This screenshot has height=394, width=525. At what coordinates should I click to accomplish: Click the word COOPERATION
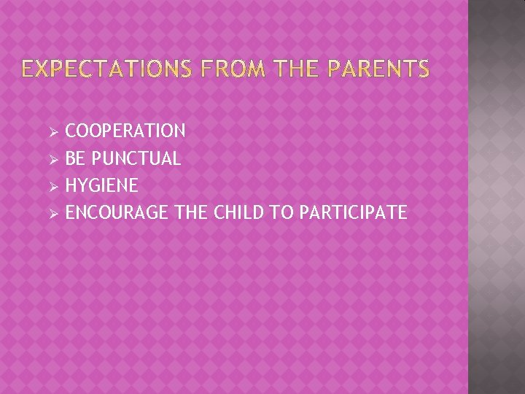pos(125,131)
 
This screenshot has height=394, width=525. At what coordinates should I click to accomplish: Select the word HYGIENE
pos(101,185)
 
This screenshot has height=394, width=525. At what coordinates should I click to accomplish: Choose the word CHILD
pos(241,212)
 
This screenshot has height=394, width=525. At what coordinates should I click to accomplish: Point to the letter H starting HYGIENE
pos(71,185)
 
